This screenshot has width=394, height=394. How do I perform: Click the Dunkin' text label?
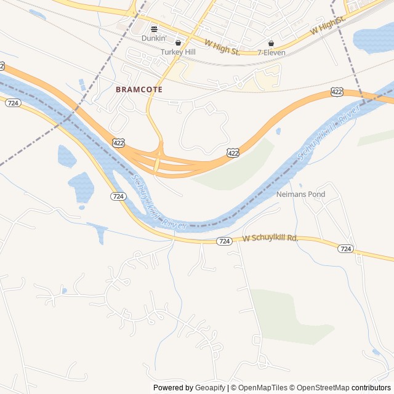pos(154,38)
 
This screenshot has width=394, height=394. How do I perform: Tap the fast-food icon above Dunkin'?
pos(154,28)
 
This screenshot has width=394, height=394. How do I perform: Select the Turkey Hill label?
pos(178,52)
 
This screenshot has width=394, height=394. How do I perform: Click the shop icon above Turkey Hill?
pos(178,43)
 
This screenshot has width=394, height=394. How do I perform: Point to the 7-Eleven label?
pos(270,52)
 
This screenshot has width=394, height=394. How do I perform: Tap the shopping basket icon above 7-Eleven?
pos(271,43)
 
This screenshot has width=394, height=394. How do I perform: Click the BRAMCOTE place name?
pos(139,89)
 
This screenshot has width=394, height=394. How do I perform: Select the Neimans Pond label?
pos(300,195)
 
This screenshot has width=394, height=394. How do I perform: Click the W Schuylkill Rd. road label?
pos(270,238)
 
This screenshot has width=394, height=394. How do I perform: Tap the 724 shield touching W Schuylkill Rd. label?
pos(225,242)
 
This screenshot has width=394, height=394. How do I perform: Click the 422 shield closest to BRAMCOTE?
pos(119,143)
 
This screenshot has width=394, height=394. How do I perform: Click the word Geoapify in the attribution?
pos(211,388)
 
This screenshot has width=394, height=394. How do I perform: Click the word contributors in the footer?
pos(371,388)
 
